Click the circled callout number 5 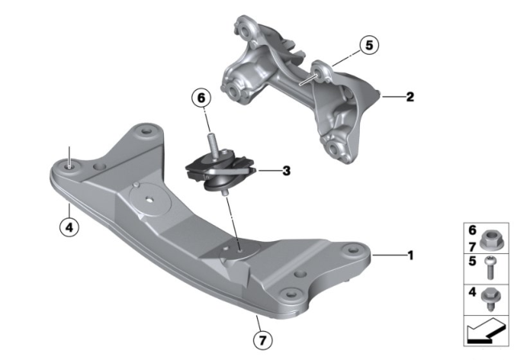[369, 45]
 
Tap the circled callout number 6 [202, 98]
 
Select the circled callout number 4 [69, 227]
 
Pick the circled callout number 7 [263, 341]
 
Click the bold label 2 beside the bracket [410, 96]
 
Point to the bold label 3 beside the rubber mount [287, 170]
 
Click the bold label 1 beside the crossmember [410, 255]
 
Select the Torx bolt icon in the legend [490, 268]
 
